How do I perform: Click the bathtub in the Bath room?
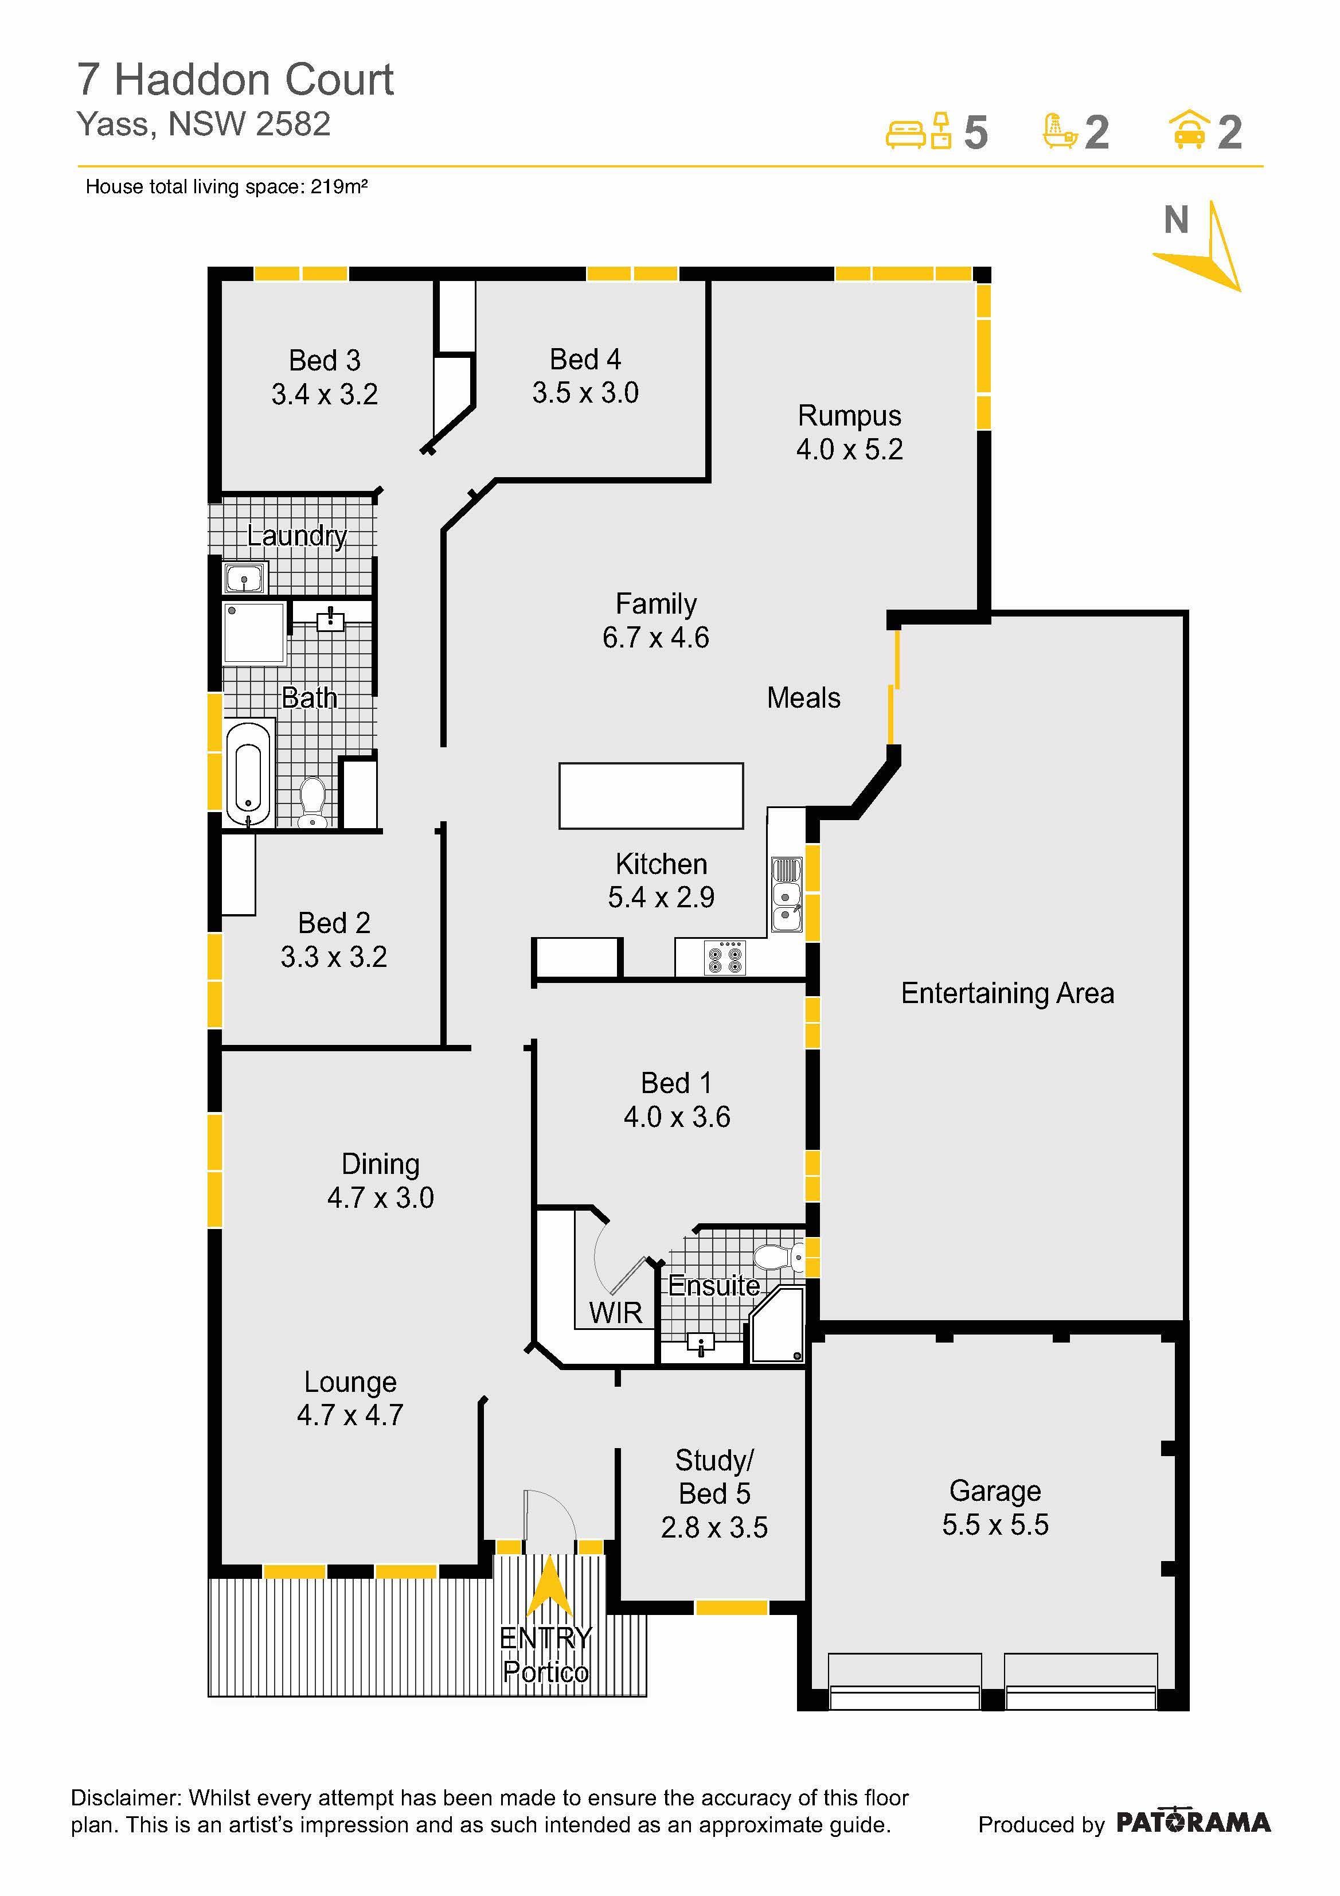tap(248, 773)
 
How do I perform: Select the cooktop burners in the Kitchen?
tap(725, 957)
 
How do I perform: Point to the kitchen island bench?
tap(651, 795)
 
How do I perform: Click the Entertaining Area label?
tap(1007, 993)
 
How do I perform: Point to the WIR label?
tap(615, 1312)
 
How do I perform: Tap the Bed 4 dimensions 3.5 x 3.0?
tap(585, 393)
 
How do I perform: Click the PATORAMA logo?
tap(1193, 1823)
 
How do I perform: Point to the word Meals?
tap(803, 698)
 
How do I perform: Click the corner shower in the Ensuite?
tap(776, 1323)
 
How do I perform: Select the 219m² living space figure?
tap(338, 186)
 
